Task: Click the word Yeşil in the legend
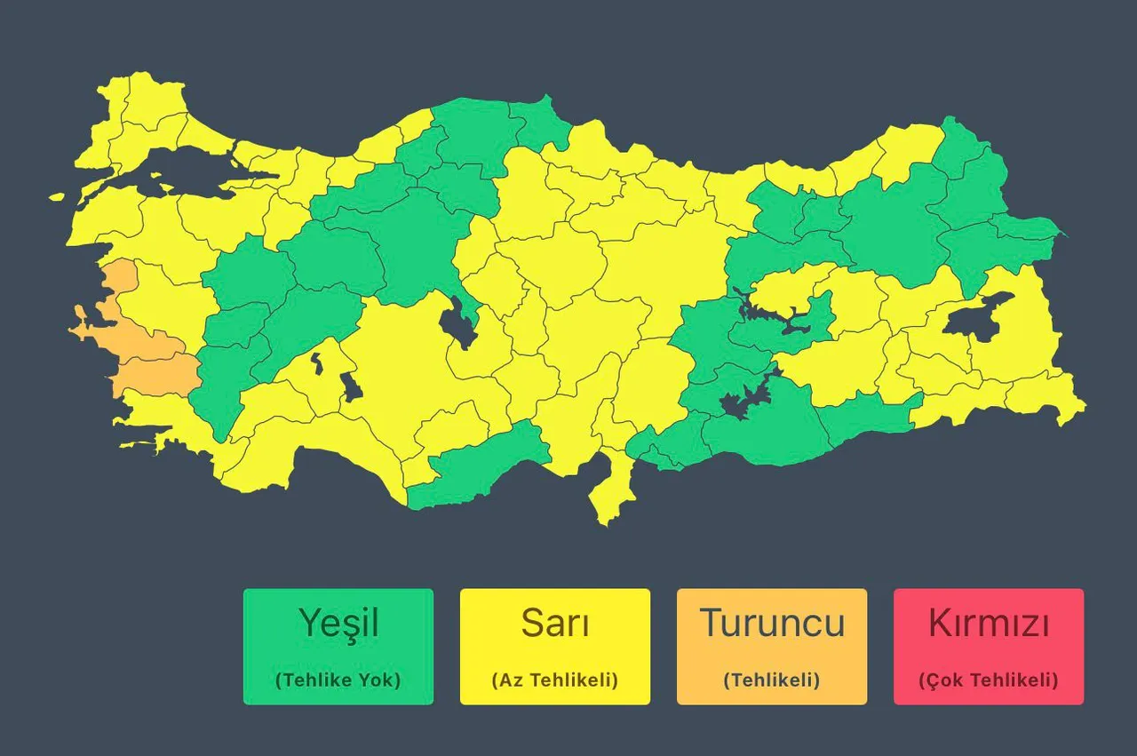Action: [338, 624]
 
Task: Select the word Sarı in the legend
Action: [555, 624]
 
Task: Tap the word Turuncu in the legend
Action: [772, 624]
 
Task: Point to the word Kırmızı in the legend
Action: [989, 624]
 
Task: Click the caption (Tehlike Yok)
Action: [338, 680]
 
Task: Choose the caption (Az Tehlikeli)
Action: [555, 680]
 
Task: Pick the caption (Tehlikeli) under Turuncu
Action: [772, 680]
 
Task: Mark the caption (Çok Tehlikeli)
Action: [989, 680]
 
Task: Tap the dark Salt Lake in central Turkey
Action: [460, 322]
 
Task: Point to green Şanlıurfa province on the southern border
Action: [764, 426]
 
